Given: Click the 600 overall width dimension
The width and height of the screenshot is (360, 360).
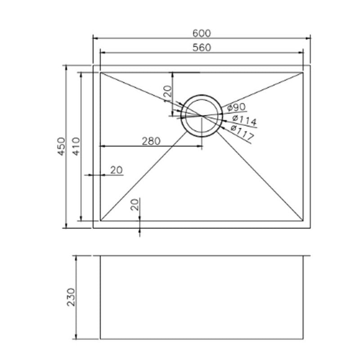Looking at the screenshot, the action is (201, 33).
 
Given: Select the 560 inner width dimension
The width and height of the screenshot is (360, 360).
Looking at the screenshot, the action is (202, 48).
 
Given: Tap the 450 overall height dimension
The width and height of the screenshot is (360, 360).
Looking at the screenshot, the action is (61, 147).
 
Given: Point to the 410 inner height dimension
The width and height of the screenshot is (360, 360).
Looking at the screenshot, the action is (76, 147).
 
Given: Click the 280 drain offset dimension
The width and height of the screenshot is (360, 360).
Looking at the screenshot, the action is (151, 141).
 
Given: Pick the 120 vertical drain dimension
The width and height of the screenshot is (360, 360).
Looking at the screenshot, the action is (168, 94).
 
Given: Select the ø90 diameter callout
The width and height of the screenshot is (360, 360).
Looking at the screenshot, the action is (237, 107).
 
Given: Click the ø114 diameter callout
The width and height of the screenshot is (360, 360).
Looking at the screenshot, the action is (244, 120).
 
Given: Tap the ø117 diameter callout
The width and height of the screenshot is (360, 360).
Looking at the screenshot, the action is (242, 132).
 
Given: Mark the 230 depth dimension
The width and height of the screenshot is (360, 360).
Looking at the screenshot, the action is (71, 297).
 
